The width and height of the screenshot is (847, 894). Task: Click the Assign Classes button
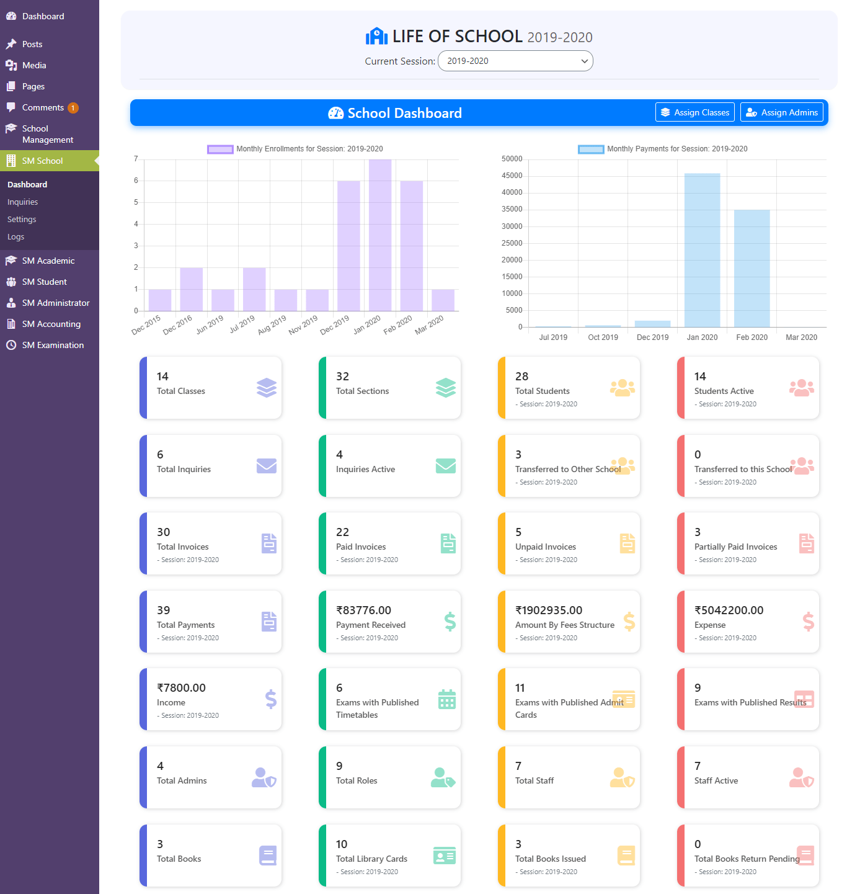[694, 112]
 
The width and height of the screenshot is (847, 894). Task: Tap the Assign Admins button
[781, 112]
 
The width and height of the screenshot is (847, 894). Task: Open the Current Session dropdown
[515, 61]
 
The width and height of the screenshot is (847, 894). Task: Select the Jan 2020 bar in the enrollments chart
[379, 235]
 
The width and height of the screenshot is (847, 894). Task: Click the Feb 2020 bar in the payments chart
[751, 268]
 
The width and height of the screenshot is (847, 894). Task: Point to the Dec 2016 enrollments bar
[191, 289]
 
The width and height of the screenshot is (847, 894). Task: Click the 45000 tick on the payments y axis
[512, 176]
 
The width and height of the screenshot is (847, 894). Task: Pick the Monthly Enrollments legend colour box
[220, 149]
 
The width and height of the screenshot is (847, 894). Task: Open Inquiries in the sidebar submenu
[22, 202]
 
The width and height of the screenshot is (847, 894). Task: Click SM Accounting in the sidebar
[51, 324]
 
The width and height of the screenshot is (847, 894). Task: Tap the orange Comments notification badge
[73, 108]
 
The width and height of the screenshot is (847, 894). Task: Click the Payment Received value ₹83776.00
[363, 610]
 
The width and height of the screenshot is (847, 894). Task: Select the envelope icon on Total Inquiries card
[267, 465]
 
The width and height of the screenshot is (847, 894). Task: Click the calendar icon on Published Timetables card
[446, 699]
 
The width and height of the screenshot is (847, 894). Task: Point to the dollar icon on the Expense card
[808, 621]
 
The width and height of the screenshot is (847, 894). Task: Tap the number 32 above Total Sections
[342, 376]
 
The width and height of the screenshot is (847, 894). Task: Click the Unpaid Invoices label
[545, 547]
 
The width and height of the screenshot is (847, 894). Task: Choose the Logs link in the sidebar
[16, 237]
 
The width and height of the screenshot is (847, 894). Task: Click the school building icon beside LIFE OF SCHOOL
[376, 36]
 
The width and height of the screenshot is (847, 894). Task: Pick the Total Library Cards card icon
[444, 856]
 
